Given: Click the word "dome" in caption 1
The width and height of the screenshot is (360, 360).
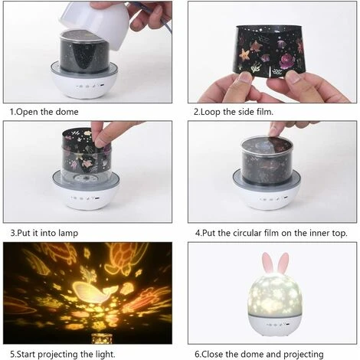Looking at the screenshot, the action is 67,112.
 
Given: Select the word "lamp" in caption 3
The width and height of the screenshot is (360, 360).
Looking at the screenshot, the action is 68,233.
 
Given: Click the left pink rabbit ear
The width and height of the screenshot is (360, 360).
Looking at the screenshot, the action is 267,263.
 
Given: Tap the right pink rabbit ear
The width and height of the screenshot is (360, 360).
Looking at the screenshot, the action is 283,263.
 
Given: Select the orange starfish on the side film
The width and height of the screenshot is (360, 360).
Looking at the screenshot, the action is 245,56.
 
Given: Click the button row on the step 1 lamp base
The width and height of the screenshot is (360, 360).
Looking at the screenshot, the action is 91,86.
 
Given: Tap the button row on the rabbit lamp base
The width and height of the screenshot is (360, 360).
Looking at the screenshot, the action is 278,325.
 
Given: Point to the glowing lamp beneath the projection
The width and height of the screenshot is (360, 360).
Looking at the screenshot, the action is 99,339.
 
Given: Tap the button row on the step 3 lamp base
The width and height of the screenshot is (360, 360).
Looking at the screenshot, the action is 86,198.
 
